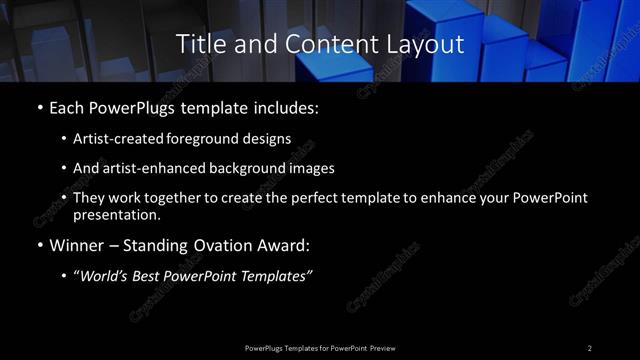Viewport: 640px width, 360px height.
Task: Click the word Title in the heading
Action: [x=198, y=44]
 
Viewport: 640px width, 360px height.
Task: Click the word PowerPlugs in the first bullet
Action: [x=133, y=106]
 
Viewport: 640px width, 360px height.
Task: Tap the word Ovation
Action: [x=220, y=245]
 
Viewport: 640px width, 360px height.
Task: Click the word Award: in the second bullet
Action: [x=286, y=245]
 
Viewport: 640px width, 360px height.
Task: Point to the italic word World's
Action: [x=103, y=276]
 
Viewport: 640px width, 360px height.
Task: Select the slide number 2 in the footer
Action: [x=589, y=347]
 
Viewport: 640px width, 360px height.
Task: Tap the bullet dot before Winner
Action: [x=38, y=245]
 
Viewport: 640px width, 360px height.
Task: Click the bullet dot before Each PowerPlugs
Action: [x=38, y=106]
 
